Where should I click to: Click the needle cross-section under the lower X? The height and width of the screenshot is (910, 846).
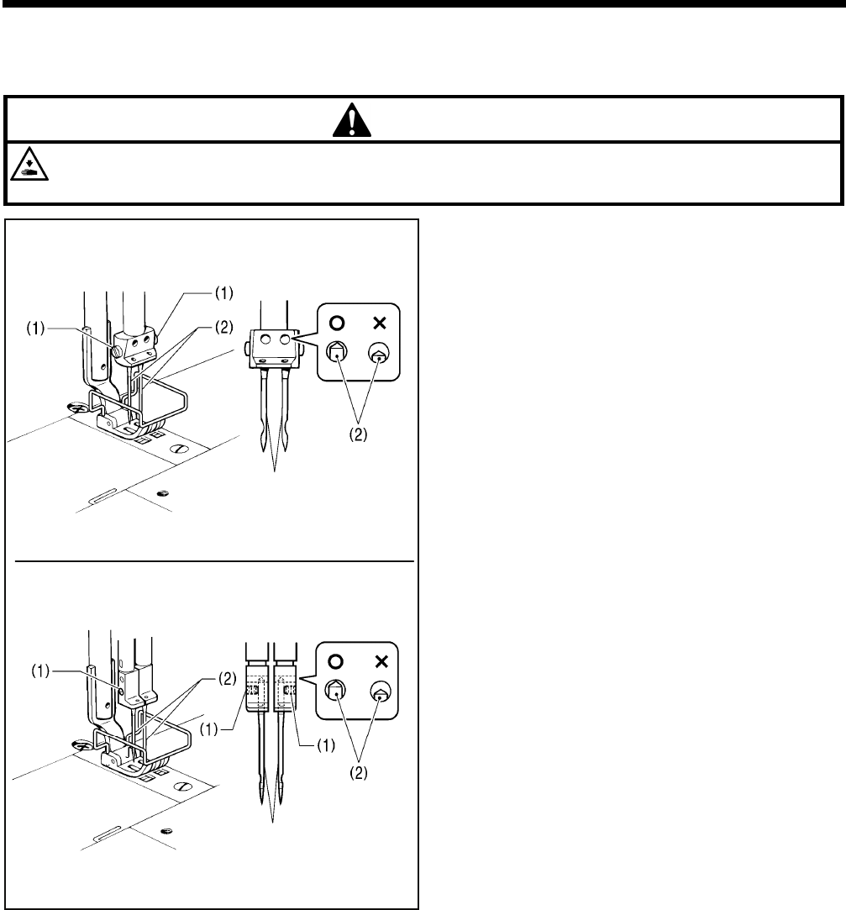[380, 692]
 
